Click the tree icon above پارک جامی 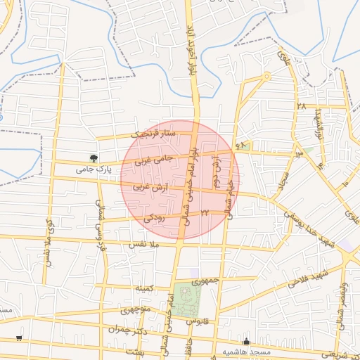point(93,157)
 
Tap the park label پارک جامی point(94,170)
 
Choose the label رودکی point(154,219)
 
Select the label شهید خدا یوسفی point(314,226)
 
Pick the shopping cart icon point(18,338)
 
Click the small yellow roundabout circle point(266,76)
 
